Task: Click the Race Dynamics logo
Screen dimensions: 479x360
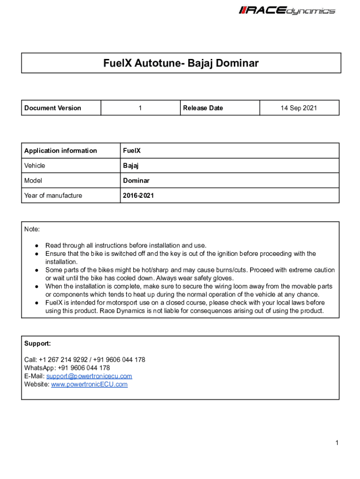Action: click(x=287, y=10)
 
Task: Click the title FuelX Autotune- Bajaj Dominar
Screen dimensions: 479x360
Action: click(x=181, y=63)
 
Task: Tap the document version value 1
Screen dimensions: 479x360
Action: click(x=140, y=108)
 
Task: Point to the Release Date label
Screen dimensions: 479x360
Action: click(x=203, y=108)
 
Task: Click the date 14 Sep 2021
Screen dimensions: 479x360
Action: click(x=299, y=108)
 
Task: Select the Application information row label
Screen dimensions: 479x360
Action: click(x=61, y=151)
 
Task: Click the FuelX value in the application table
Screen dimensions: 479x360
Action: click(x=132, y=151)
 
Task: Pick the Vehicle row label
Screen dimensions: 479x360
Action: click(x=35, y=166)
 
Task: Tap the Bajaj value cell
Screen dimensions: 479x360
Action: click(x=131, y=166)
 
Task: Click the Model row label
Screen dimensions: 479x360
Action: click(x=33, y=181)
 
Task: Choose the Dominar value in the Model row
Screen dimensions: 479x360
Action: click(x=137, y=181)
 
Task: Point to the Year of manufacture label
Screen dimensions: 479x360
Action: click(x=53, y=196)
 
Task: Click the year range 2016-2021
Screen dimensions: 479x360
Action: click(x=138, y=196)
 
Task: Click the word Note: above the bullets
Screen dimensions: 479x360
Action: click(x=32, y=229)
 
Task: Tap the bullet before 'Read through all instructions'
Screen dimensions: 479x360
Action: click(x=36, y=246)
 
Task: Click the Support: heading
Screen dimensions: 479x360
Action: click(x=37, y=343)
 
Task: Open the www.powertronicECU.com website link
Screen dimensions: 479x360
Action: click(x=89, y=385)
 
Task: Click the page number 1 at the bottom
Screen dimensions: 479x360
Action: click(x=336, y=443)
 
